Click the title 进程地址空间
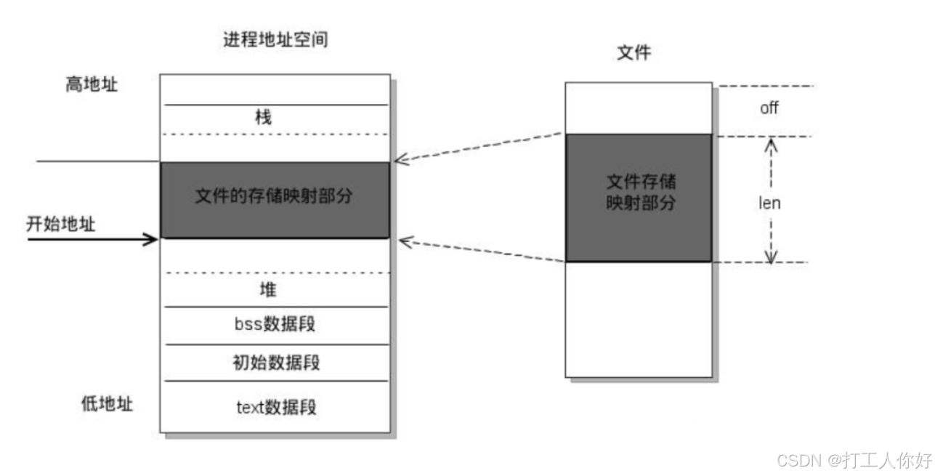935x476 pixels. (x=275, y=40)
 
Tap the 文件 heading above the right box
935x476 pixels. (x=633, y=53)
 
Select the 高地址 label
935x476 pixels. (x=92, y=84)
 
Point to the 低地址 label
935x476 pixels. (x=107, y=405)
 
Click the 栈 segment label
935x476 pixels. (x=264, y=118)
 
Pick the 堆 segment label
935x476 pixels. (x=268, y=290)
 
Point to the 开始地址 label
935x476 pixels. (x=61, y=225)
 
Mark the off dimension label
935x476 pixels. (x=769, y=108)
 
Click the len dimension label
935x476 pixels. (x=769, y=203)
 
